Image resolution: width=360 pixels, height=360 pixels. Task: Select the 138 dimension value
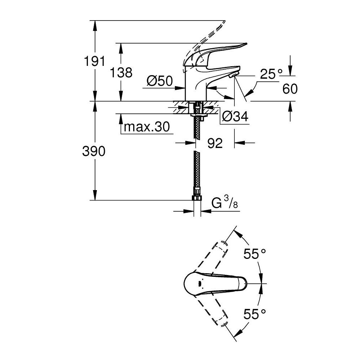pyautogui.click(x=121, y=73)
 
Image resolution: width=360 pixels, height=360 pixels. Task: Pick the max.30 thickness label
pyautogui.click(x=146, y=127)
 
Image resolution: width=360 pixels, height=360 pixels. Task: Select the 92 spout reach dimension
pyautogui.click(x=215, y=143)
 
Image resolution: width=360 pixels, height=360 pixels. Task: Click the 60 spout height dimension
pyautogui.click(x=290, y=89)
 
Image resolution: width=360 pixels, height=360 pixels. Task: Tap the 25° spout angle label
pyautogui.click(x=272, y=75)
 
